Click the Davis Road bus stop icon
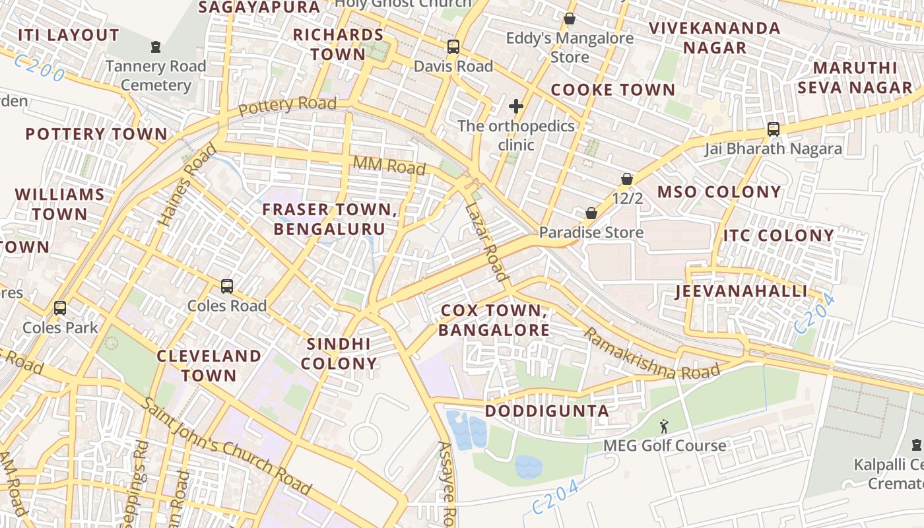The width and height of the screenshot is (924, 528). point(453,47)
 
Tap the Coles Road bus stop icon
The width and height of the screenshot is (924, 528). point(227,286)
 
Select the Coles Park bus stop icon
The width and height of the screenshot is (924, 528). point(60,308)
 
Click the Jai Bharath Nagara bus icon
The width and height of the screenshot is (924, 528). point(774,129)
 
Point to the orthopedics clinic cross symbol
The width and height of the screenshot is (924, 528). point(516,106)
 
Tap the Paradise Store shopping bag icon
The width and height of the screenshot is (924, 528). point(591,213)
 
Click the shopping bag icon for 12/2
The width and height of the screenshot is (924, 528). point(627,179)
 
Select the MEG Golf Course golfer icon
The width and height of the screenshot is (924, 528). point(664,427)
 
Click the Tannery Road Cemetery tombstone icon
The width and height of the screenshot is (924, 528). point(156,47)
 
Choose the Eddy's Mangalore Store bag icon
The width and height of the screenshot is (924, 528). point(570,18)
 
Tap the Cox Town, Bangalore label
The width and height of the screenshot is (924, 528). point(494,320)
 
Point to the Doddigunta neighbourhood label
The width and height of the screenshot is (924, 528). point(547,411)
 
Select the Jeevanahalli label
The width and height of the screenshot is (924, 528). point(741,291)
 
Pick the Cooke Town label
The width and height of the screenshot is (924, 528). point(613,90)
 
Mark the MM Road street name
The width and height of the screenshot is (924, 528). point(389,166)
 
